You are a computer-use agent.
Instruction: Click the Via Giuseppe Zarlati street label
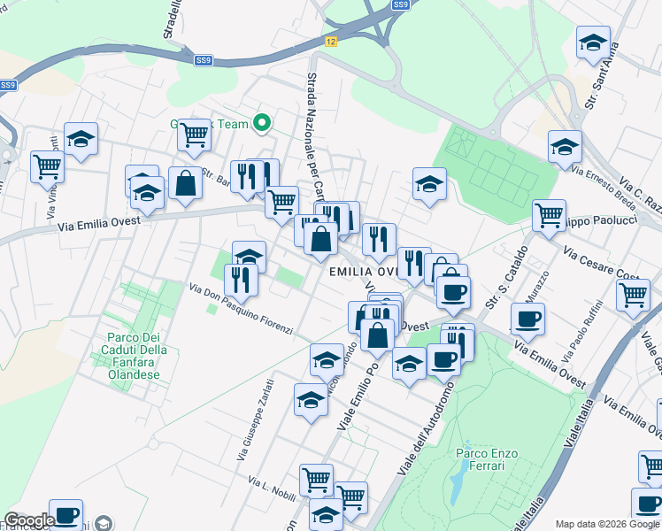(x=256, y=420)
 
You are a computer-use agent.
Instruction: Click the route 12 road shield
(x=330, y=42)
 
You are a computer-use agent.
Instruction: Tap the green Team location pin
(x=261, y=123)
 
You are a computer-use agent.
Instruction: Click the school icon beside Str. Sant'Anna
(x=593, y=41)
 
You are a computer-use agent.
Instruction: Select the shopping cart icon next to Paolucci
(x=549, y=213)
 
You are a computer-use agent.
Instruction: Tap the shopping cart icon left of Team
(x=194, y=135)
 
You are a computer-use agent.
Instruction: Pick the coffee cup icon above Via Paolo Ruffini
(x=528, y=318)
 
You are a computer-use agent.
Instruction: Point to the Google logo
(x=29, y=520)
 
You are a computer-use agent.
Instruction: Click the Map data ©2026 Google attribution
(x=607, y=524)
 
